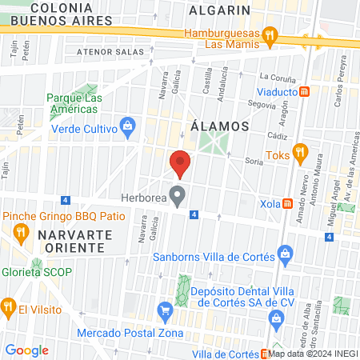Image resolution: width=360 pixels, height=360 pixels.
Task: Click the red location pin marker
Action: pos(181,163)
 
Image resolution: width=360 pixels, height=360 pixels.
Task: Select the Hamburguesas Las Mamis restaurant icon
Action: pos(270,35)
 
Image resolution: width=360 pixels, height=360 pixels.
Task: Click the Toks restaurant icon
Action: pos(301,150)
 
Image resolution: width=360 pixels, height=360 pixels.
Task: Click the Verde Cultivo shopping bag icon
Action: pos(126,126)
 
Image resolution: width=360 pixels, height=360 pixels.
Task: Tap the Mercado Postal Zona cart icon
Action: pos(166,309)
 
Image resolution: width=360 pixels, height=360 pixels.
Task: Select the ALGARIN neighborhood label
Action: pos(220,10)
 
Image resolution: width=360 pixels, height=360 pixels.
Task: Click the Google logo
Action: pos(26,350)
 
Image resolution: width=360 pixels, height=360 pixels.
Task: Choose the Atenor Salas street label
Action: pos(110,50)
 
